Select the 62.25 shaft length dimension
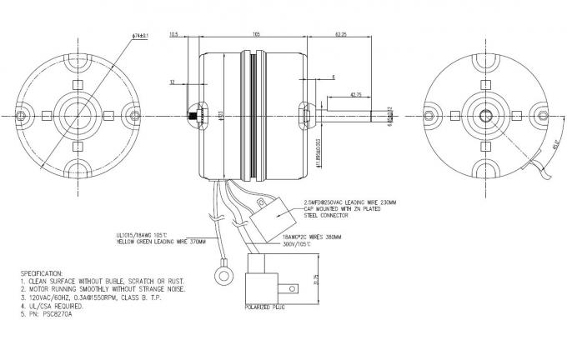(342, 35)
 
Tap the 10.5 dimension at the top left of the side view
(174, 35)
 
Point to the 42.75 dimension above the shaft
(356, 94)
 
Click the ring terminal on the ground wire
(224, 272)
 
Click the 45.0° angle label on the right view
(532, 148)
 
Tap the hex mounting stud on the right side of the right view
(541, 111)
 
